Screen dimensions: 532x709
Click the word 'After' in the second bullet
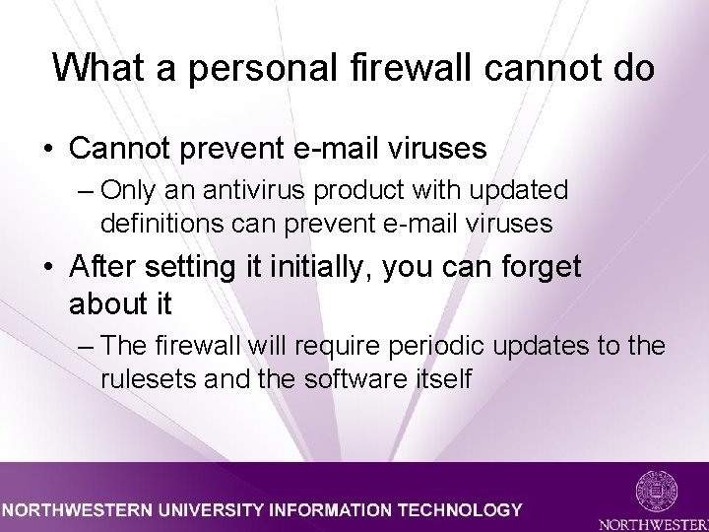[106, 267]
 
